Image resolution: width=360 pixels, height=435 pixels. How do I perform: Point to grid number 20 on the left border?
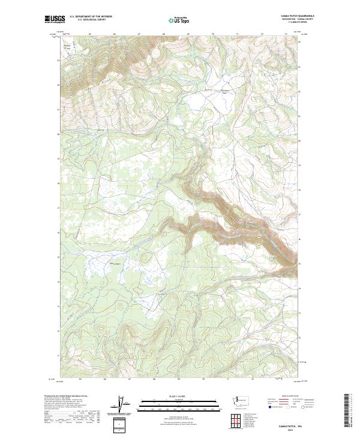click(58, 134)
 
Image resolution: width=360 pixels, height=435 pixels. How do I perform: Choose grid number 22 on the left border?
click(58, 85)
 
